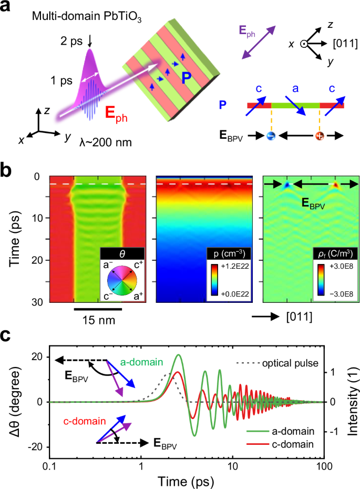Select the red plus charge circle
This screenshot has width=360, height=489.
320,136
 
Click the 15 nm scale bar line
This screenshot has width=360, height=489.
98,309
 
